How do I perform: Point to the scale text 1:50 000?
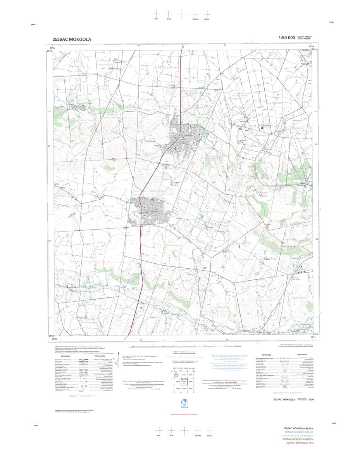coord(286,38)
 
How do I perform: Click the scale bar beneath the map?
coord(182,346)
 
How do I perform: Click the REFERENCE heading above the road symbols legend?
coord(65,356)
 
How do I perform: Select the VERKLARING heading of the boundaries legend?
coord(302,354)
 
